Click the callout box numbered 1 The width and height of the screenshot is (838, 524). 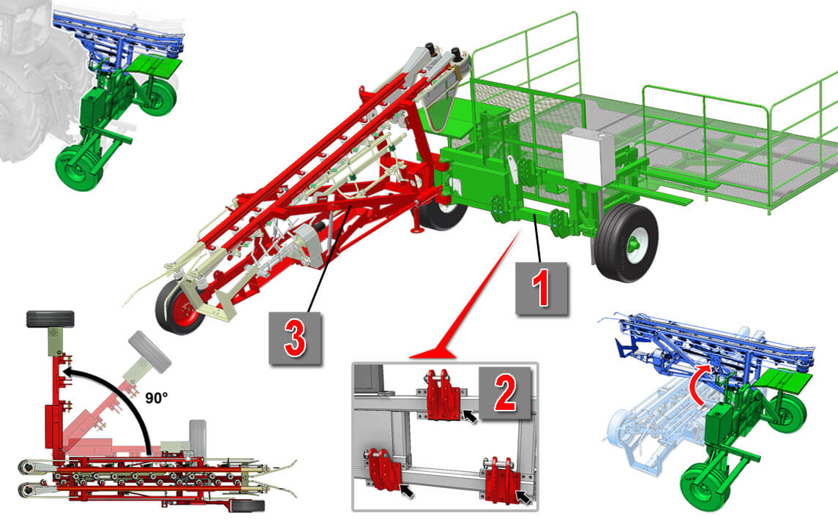coord(541,288)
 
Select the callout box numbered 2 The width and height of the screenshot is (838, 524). coord(505,392)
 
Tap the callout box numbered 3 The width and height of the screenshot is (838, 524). coord(295,338)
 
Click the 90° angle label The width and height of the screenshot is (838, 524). coord(157,397)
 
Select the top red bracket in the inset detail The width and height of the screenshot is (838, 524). coord(443,394)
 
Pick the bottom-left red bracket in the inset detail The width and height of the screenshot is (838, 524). coord(384,469)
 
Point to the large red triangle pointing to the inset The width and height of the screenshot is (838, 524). coord(465,299)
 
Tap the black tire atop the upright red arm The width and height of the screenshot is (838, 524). coord(50,319)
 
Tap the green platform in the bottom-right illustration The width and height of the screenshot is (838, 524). coord(785,380)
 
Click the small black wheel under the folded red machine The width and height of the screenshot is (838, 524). coord(247,505)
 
